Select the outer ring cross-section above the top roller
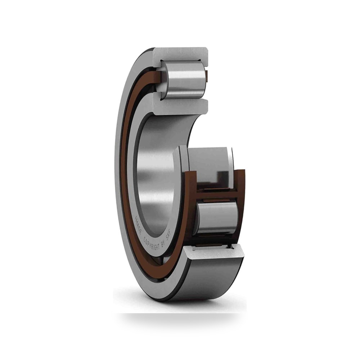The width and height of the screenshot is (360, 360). click(x=180, y=55)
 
